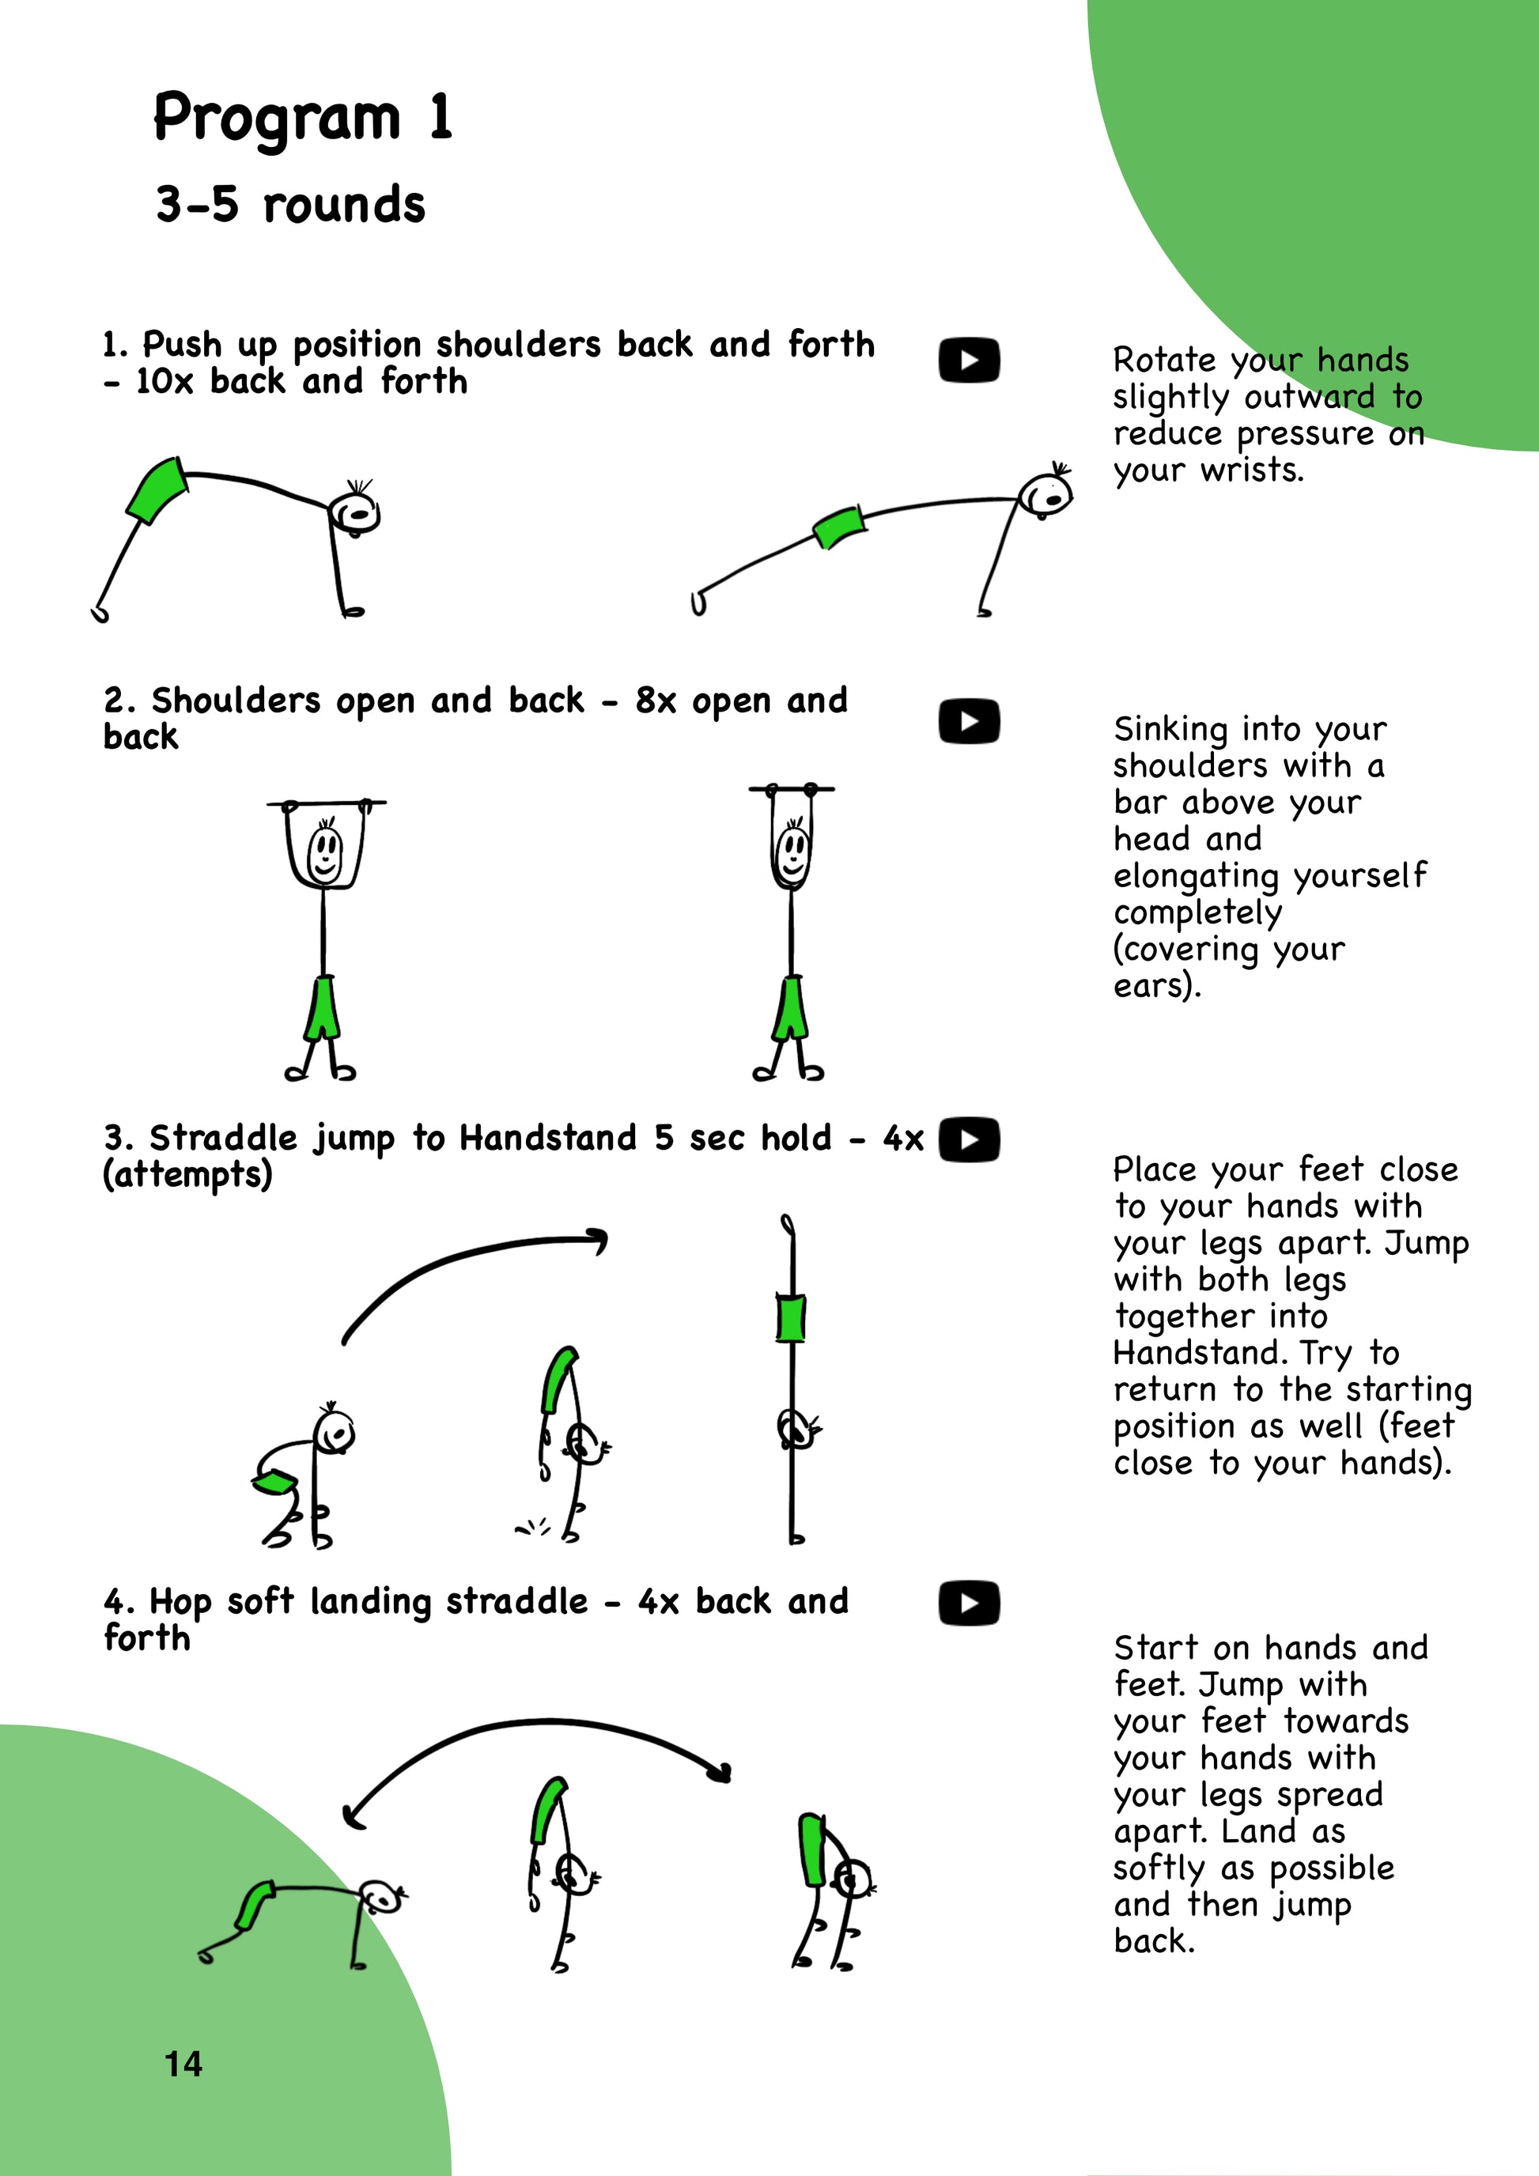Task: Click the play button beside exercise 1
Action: tap(969, 360)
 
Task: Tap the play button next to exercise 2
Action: tap(969, 722)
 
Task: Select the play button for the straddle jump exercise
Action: tap(969, 1139)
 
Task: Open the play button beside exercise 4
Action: tap(969, 1604)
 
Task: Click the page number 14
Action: tap(183, 2065)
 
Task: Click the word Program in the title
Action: tap(277, 119)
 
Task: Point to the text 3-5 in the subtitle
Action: tap(197, 205)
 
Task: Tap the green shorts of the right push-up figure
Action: tap(838, 527)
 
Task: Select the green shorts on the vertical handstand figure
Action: tap(790, 1317)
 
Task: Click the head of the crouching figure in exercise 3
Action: tap(335, 1432)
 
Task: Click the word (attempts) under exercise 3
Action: tap(187, 1175)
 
